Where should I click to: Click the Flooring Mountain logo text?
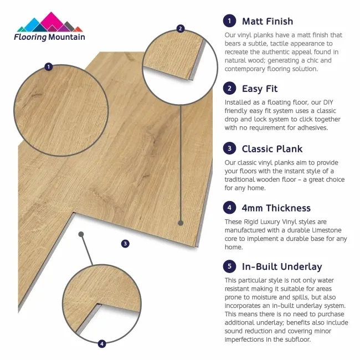point(50,37)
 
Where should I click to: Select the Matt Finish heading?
point(268,22)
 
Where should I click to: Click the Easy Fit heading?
point(260,89)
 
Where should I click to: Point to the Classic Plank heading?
point(271,148)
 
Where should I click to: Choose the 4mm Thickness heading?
point(276,208)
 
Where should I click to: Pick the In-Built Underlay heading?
point(282,266)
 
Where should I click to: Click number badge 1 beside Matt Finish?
point(229,22)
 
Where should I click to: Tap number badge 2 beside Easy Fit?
point(229,89)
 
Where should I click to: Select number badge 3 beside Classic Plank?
point(229,148)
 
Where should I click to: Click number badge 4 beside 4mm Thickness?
point(229,208)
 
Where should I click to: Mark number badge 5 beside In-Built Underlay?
point(229,266)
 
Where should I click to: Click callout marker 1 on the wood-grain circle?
point(48,67)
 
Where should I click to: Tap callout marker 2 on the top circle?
point(180,29)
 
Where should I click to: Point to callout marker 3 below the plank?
point(125,243)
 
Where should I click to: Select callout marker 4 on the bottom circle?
point(102,344)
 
